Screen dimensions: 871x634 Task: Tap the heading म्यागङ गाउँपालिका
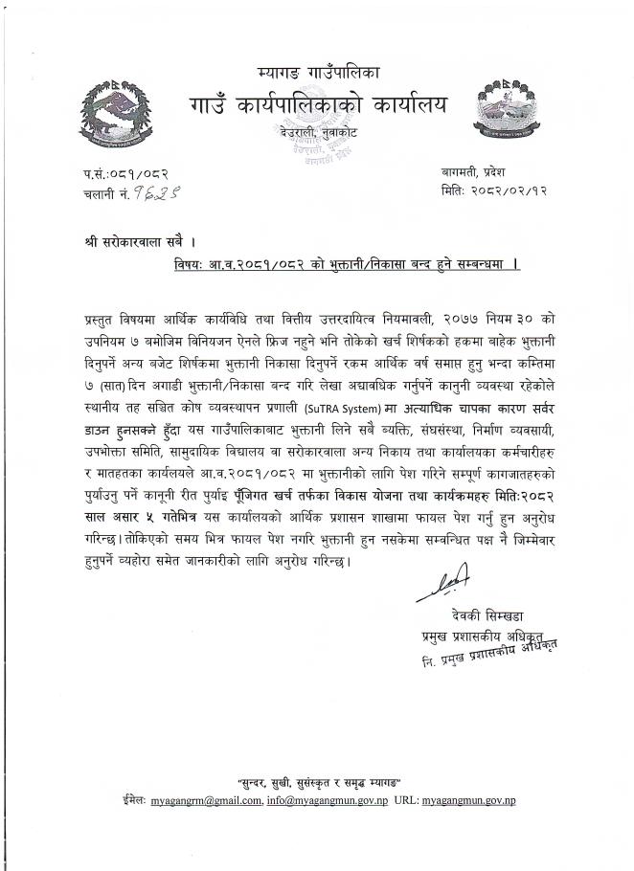click(319, 72)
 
